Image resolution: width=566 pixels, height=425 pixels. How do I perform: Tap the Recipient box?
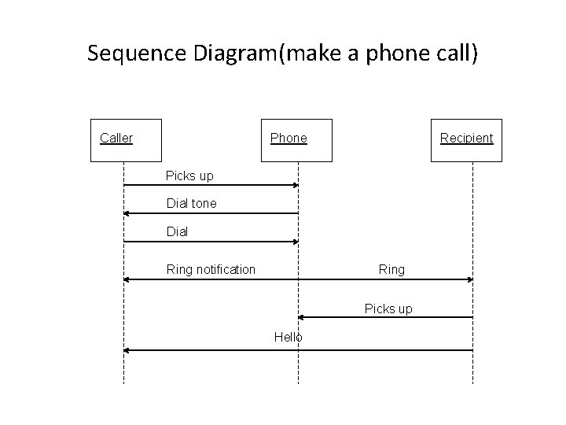tap(466, 139)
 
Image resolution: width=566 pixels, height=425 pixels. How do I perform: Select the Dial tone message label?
tap(191, 203)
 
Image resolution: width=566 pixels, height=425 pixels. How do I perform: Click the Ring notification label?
tap(211, 269)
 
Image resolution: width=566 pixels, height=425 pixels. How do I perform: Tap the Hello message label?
tap(288, 337)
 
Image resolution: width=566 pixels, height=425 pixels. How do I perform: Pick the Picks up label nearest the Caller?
tap(189, 175)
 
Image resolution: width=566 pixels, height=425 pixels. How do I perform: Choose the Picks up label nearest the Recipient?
tap(388, 309)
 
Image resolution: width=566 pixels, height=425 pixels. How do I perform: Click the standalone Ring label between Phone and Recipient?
tap(391, 269)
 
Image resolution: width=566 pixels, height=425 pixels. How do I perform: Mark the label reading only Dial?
tap(177, 232)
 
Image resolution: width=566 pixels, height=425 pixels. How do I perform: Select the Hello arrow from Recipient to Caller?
tap(299, 349)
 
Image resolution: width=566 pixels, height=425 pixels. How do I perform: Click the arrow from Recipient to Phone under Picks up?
tap(385, 317)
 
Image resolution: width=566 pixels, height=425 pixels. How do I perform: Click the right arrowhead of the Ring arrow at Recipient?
tap(470, 279)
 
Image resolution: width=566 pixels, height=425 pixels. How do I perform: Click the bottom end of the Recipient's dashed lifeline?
tap(472, 382)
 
